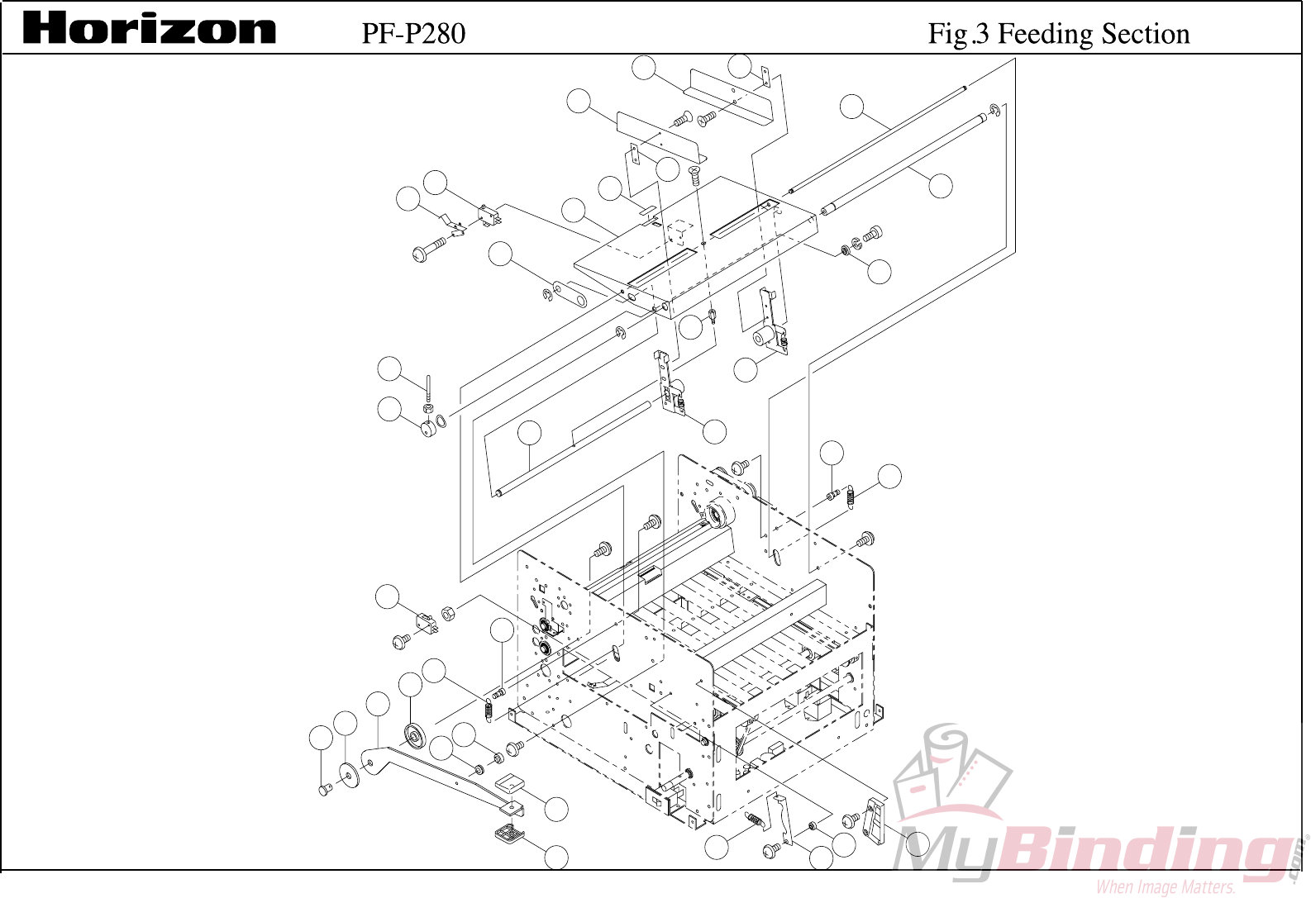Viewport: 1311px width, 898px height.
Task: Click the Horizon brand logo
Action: click(x=149, y=29)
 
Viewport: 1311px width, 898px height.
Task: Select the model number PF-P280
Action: click(x=413, y=33)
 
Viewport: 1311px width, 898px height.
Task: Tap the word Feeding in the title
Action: click(x=1045, y=33)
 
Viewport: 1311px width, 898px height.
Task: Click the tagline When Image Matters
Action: click(x=1166, y=887)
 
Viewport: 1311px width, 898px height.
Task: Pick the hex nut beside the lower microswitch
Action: click(x=447, y=613)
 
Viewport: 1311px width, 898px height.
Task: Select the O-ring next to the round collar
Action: click(x=442, y=421)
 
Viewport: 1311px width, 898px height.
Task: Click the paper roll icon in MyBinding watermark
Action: click(x=951, y=768)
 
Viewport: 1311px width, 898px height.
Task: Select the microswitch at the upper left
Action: click(x=488, y=216)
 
